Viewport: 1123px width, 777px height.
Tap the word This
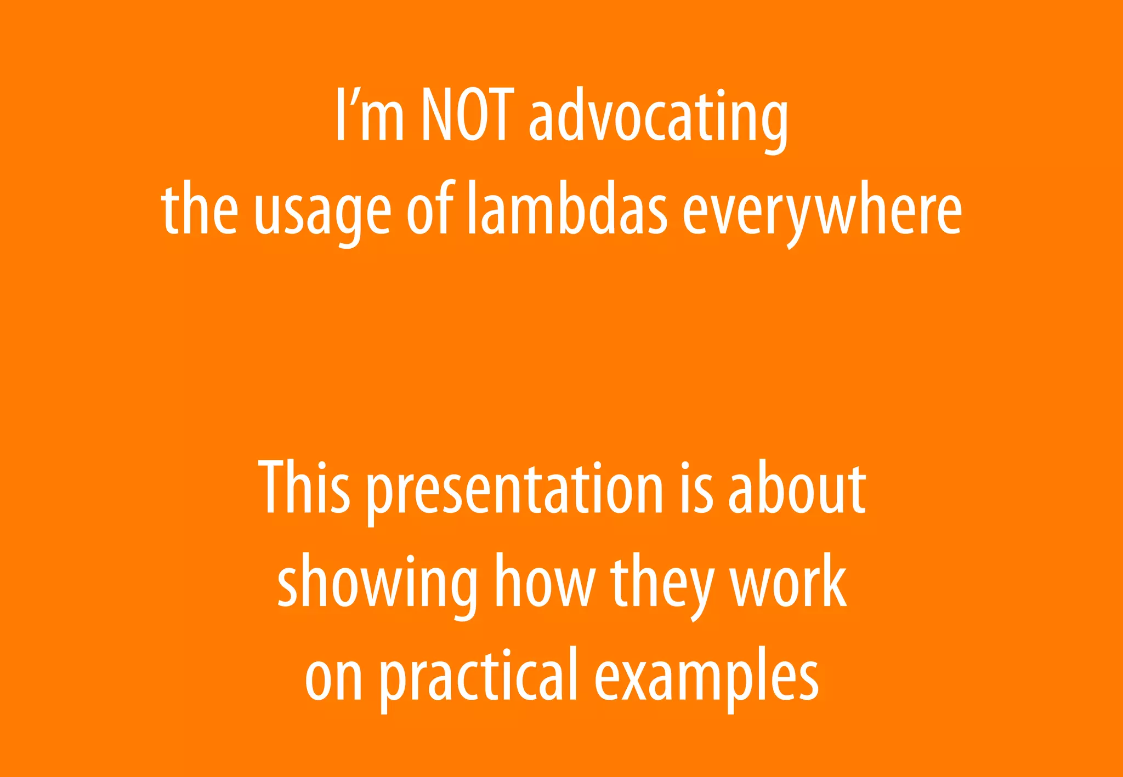coord(304,488)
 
